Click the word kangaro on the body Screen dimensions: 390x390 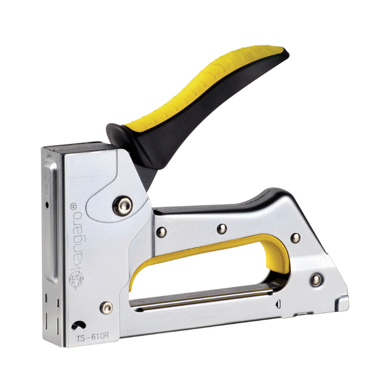[x=77, y=240]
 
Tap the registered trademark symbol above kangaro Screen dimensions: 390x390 [x=74, y=206]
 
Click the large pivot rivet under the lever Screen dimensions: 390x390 [x=122, y=206]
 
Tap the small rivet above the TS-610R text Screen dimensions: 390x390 [x=106, y=308]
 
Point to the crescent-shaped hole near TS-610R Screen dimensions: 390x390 [x=78, y=325]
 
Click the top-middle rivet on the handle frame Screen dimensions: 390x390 [x=222, y=229]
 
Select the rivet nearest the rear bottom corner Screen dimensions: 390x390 [x=315, y=280]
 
